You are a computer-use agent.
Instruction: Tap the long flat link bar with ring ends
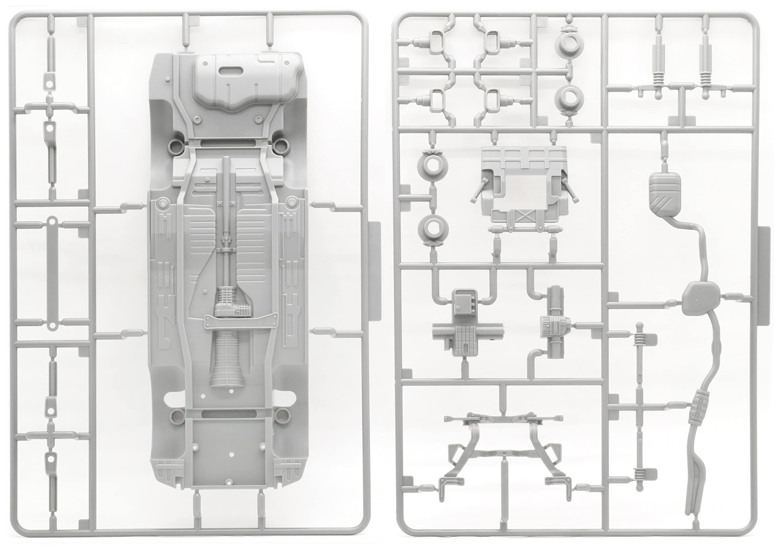pos(51,273)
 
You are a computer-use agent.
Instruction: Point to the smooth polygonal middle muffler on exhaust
pos(701,298)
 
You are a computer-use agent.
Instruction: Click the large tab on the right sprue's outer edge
pos(764,273)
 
